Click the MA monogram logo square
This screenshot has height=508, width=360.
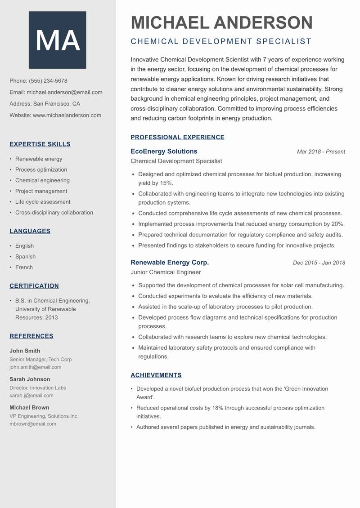[x=58, y=40]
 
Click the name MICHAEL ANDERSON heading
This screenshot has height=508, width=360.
[x=221, y=22]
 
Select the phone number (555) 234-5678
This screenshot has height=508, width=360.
[x=48, y=81]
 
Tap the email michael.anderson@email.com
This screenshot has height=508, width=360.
[x=64, y=92]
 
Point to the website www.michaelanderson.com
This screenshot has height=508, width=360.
[x=67, y=115]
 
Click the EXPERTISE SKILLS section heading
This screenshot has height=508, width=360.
[x=40, y=144]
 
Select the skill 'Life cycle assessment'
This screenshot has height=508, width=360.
[x=43, y=202]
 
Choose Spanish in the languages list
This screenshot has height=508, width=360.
[x=25, y=257]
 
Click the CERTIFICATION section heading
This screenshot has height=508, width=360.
[x=34, y=286]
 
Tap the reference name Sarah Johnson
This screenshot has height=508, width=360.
[x=30, y=379]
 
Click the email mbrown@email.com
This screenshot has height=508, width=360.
[x=33, y=423]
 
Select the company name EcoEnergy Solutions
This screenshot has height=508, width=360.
[x=164, y=152]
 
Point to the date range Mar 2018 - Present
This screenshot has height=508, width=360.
[x=321, y=152]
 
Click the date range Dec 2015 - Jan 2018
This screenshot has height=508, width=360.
[x=319, y=263]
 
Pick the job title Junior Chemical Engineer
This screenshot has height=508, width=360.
[x=166, y=272]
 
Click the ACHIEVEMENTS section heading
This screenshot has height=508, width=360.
[x=156, y=375]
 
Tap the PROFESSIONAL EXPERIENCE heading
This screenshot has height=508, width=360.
[x=177, y=138]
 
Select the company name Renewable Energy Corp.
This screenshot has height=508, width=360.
[x=170, y=263]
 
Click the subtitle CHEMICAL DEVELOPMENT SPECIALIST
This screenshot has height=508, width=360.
[x=221, y=41]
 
